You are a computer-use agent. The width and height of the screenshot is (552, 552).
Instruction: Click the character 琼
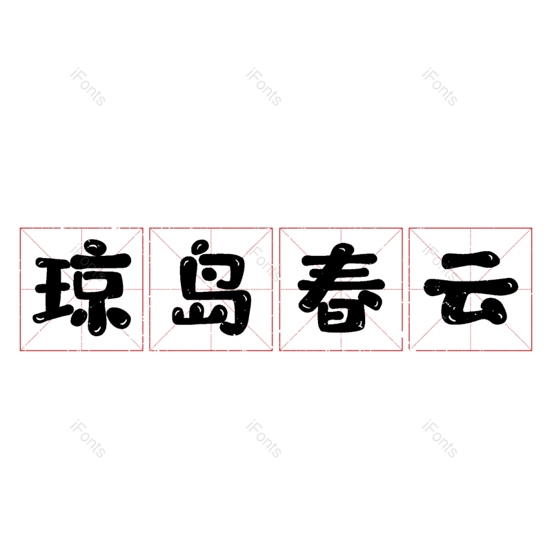82,288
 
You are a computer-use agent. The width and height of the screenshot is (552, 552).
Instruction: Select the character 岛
212,288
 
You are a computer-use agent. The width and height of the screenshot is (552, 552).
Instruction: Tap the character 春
341,288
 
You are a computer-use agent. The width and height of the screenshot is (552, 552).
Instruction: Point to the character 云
471,288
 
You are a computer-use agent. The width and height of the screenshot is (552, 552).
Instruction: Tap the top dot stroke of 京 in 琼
95,246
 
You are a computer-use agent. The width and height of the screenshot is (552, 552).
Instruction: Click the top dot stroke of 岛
199,246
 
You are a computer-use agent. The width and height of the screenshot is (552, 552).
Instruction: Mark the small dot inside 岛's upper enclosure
211,273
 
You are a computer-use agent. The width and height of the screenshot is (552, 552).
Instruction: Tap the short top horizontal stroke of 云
470,260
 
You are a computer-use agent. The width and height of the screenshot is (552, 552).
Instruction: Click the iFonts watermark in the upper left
88,87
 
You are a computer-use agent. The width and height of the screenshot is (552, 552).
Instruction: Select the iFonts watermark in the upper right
440,87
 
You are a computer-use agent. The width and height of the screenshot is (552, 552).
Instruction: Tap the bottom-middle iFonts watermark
264,439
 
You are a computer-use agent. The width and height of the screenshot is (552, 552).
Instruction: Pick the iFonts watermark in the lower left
88,439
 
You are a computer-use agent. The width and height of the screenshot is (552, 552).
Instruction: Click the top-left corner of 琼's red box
20,228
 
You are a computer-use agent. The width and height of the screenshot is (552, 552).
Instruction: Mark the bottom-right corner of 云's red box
531,351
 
